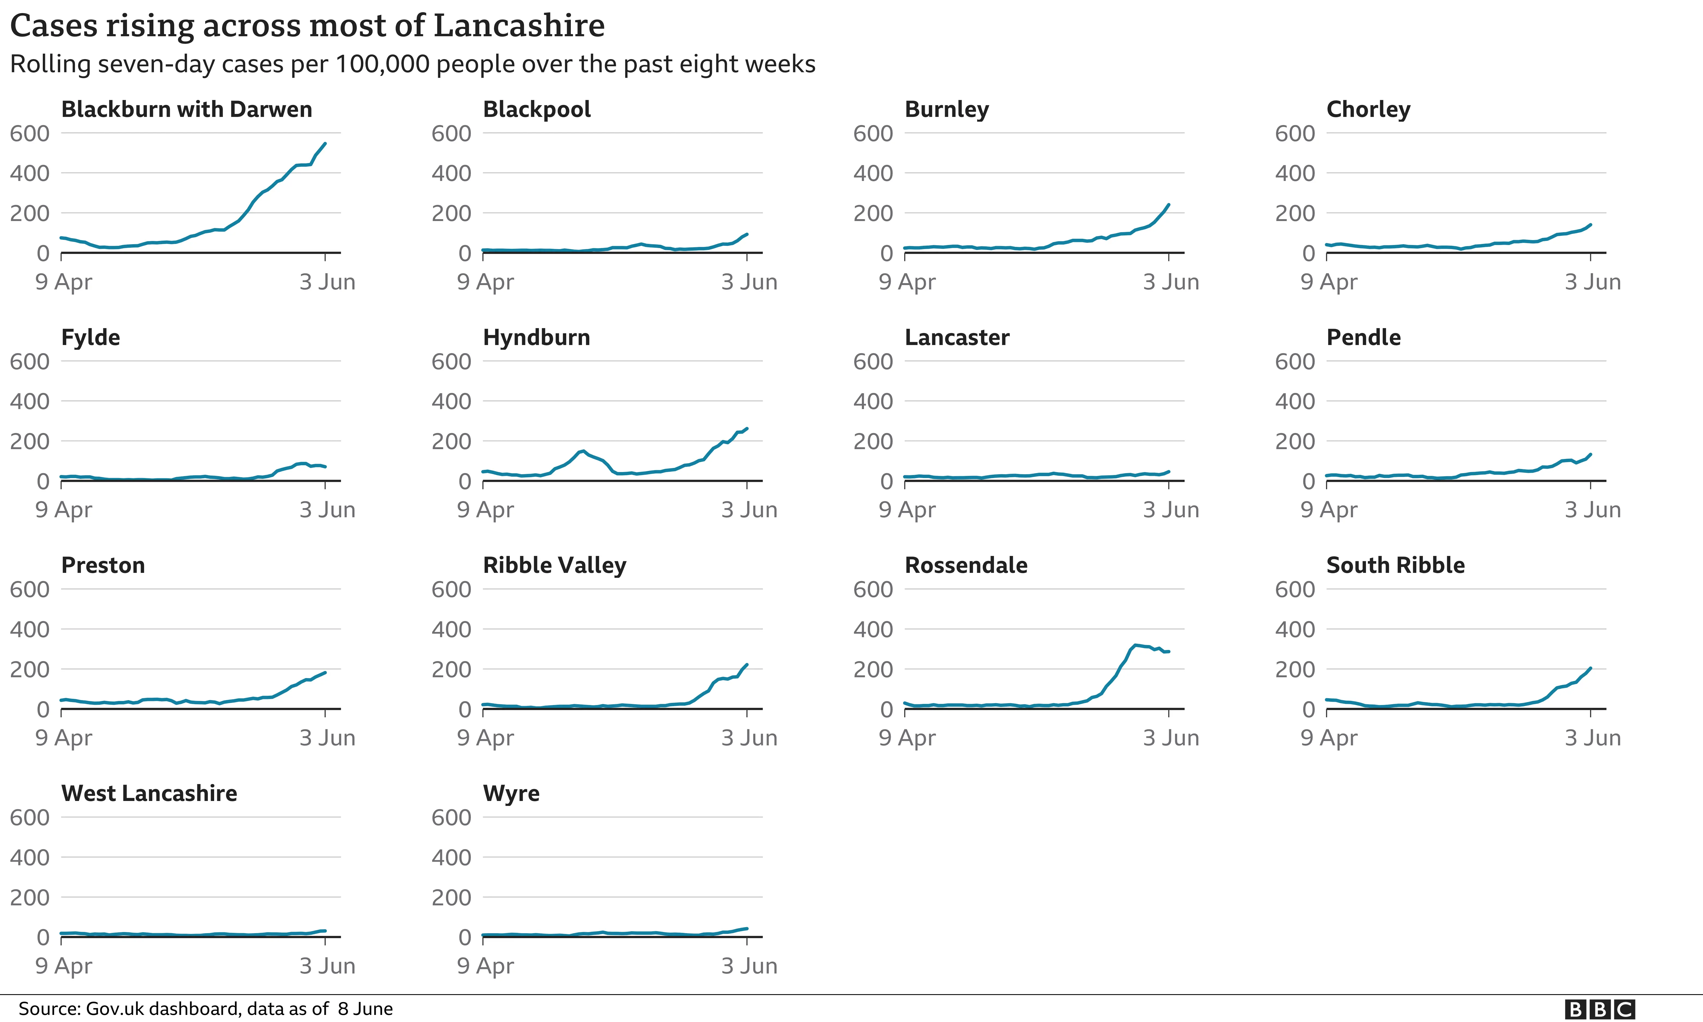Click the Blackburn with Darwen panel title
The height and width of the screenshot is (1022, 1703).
(x=187, y=110)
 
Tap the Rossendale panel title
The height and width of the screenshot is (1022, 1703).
(x=966, y=566)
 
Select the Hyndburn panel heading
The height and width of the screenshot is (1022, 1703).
(x=536, y=337)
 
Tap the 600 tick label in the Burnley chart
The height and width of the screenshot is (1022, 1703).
(x=873, y=134)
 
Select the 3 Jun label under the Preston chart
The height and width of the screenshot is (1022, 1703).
(x=327, y=737)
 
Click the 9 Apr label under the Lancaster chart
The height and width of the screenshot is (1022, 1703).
(x=907, y=510)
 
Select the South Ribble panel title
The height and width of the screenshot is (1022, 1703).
(x=1395, y=566)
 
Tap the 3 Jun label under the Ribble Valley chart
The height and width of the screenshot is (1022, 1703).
(x=749, y=737)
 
